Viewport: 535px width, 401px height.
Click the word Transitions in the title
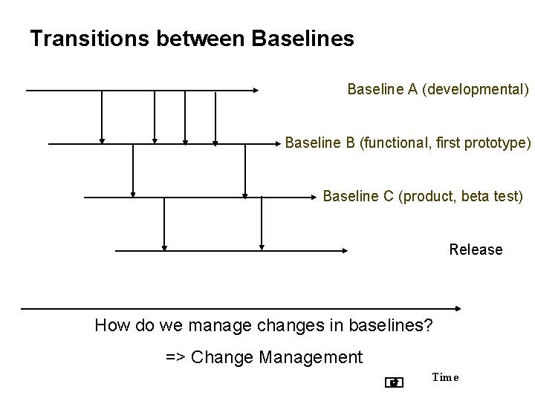(91, 39)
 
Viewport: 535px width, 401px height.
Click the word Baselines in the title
(303, 39)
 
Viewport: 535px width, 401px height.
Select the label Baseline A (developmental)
(438, 90)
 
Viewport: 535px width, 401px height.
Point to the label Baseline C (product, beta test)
(423, 197)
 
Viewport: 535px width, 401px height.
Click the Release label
(476, 250)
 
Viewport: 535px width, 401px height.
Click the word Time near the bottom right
(445, 377)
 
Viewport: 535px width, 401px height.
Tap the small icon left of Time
(395, 382)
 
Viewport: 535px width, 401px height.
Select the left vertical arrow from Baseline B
(133, 171)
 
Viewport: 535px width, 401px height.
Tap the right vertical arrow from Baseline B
(244, 171)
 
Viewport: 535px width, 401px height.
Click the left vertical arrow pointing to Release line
(164, 224)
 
